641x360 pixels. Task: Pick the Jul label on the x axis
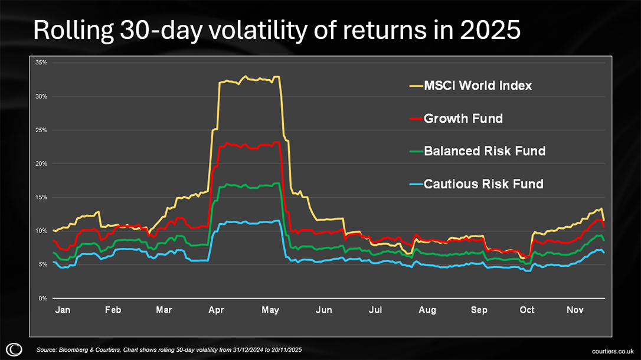coord(376,310)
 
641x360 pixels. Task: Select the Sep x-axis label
coord(480,310)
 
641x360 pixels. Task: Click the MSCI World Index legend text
coord(478,86)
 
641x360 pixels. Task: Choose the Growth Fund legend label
coord(463,119)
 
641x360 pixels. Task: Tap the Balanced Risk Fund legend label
coord(485,151)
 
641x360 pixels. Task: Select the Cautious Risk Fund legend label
coord(483,184)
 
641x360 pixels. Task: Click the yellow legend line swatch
coord(416,86)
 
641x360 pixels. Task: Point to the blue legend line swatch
coord(416,185)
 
